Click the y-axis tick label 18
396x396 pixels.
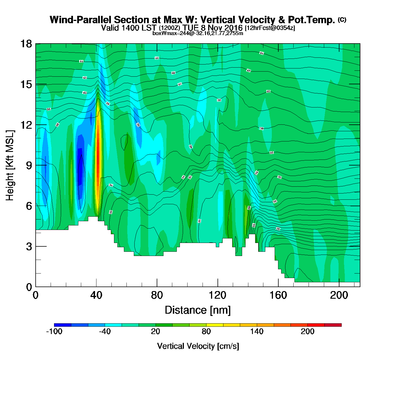[x=26, y=44]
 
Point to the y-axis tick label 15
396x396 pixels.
[x=26, y=84]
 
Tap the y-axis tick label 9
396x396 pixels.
[x=29, y=165]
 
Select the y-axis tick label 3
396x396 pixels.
[x=29, y=247]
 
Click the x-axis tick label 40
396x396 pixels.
[x=96, y=295]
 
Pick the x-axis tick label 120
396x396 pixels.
[x=218, y=295]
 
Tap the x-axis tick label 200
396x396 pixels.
[x=339, y=295]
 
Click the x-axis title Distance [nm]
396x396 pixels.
[x=198, y=310]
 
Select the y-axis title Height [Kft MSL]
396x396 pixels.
[x=10, y=165]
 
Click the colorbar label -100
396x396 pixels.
[x=54, y=332]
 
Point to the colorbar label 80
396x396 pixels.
[x=206, y=332]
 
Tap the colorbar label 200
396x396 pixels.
[x=307, y=332]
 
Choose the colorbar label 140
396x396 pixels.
[x=257, y=332]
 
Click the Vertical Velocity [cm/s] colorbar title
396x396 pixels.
[x=198, y=346]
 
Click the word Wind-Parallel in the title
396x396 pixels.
[x=81, y=20]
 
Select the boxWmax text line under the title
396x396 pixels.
[x=198, y=33]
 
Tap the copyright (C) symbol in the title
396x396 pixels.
[x=342, y=20]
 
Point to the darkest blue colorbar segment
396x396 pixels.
[x=63, y=325]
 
